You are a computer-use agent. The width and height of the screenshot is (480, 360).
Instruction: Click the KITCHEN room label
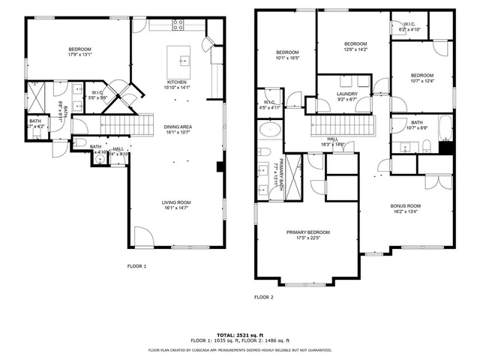tap(177, 82)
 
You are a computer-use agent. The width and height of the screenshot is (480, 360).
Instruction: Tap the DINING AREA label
tap(178, 127)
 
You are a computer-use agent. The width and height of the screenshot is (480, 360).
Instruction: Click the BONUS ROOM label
tap(405, 205)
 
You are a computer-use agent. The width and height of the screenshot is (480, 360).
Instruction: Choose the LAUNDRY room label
tap(346, 94)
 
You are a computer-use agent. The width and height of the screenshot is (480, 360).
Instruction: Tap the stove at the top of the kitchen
tap(178, 24)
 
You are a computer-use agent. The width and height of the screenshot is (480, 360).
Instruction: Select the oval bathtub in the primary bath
tap(269, 130)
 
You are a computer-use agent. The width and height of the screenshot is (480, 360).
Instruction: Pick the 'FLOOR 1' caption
tap(136, 265)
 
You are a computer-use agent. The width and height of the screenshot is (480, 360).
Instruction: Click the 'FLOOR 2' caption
tap(263, 297)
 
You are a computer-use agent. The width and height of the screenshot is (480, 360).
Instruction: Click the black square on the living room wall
tap(219, 167)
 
